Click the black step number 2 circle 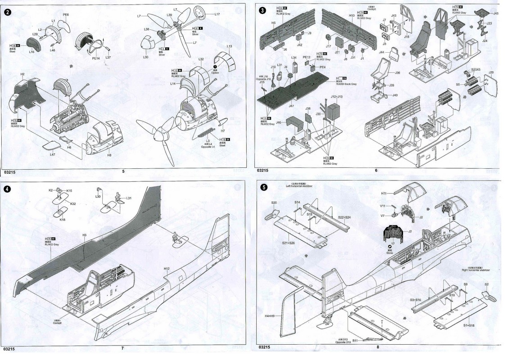pyautogui.click(x=7, y=12)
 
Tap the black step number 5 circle pyautogui.click(x=264, y=188)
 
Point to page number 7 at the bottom pyautogui.click(x=122, y=348)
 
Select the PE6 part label pyautogui.click(x=66, y=15)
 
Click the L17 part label pyautogui.click(x=217, y=14)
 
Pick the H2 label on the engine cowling pyautogui.click(x=22, y=74)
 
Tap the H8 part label pyautogui.click(x=109, y=155)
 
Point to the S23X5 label pyautogui.click(x=476, y=70)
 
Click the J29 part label pyautogui.click(x=491, y=73)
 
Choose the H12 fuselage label pyautogui.click(x=167, y=269)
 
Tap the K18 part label pyautogui.click(x=63, y=220)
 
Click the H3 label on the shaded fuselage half pyautogui.click(x=84, y=235)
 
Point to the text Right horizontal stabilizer pyautogui.click(x=476, y=270)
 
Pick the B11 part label pyautogui.click(x=355, y=341)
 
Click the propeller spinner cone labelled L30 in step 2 pyautogui.click(x=148, y=45)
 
